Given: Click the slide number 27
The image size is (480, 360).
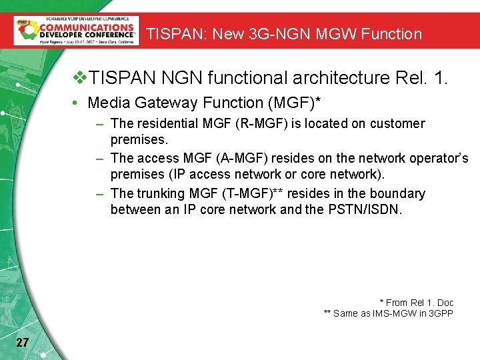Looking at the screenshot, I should (x=22, y=343).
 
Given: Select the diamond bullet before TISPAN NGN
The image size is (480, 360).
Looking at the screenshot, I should (x=80, y=78).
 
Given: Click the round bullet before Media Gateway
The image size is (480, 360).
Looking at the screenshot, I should (x=79, y=103).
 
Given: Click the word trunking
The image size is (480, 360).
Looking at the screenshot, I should (x=159, y=194).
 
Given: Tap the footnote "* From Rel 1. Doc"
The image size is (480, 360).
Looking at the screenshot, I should (x=416, y=303).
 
